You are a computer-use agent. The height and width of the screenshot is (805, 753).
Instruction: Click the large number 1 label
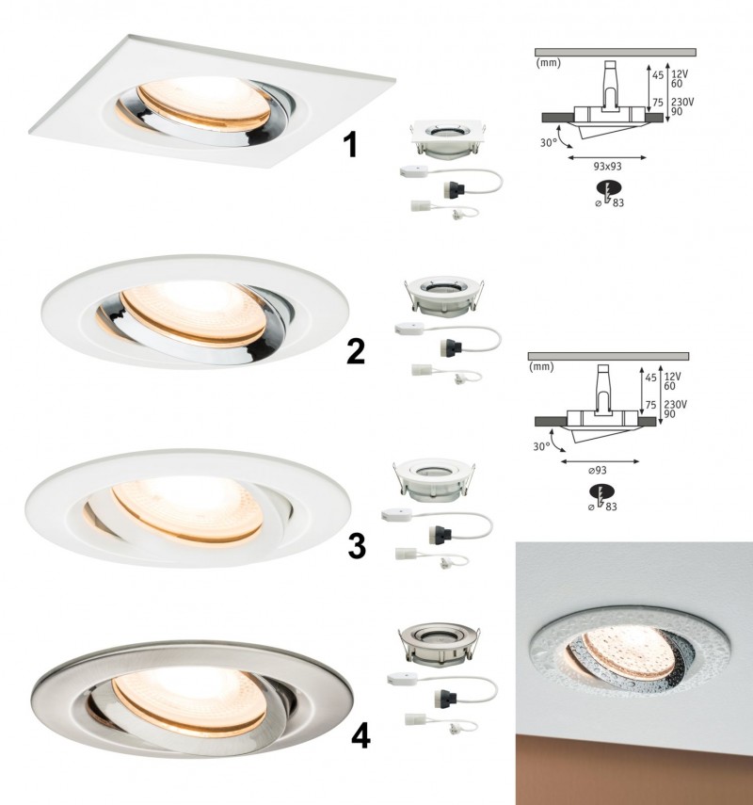pyautogui.click(x=350, y=145)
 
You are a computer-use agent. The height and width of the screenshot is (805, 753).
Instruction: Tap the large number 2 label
pyautogui.click(x=356, y=351)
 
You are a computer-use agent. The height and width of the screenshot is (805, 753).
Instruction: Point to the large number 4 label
pyautogui.click(x=360, y=737)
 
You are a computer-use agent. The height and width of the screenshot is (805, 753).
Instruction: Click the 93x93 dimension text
pyautogui.click(x=608, y=167)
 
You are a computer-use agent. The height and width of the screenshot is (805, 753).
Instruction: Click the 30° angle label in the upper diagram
pyautogui.click(x=548, y=143)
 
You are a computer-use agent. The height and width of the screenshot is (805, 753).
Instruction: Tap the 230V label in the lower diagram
pyautogui.click(x=676, y=405)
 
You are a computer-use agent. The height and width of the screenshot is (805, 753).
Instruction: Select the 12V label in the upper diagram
pyautogui.click(x=679, y=74)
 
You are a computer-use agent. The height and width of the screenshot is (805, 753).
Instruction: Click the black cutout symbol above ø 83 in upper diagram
pyautogui.click(x=609, y=189)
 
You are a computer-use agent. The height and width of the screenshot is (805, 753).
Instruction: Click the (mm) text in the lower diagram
pyautogui.click(x=541, y=367)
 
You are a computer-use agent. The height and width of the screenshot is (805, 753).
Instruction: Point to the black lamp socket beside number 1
pyautogui.click(x=453, y=189)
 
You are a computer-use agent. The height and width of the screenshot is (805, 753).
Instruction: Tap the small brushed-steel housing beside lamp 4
pyautogui.click(x=440, y=644)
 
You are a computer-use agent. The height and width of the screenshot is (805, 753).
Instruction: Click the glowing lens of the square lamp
pyautogui.click(x=205, y=103)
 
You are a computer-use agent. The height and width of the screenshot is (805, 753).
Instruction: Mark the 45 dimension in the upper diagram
pyautogui.click(x=658, y=75)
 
